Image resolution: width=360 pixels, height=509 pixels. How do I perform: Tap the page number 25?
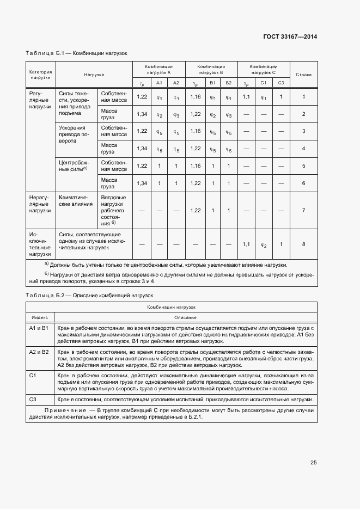(x=313, y=463)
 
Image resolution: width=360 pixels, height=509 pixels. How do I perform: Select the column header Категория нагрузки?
(x=40, y=74)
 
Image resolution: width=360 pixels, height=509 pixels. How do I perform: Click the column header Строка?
(x=303, y=74)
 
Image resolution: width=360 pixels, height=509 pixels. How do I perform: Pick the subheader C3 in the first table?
(x=281, y=83)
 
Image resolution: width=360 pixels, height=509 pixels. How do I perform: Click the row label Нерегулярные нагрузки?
(x=40, y=203)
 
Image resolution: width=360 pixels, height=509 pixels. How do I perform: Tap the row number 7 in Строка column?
(x=303, y=211)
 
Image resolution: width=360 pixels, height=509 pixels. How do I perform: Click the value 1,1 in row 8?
(x=246, y=244)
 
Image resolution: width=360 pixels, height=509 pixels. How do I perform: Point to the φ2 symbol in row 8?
(x=264, y=245)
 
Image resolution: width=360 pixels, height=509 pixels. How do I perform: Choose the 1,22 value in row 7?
(x=196, y=211)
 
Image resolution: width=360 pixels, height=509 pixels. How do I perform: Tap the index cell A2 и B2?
(x=39, y=352)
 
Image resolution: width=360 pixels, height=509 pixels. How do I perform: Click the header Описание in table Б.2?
(x=185, y=317)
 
